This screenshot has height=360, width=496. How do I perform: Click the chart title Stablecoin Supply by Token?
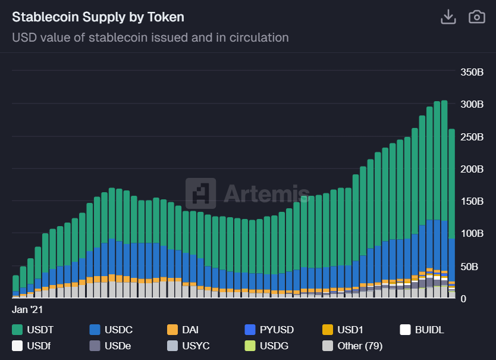point(98,17)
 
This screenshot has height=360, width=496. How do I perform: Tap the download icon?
point(447,17)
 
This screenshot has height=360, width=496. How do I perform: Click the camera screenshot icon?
point(477,17)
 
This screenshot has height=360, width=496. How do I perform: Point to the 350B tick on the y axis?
point(472,72)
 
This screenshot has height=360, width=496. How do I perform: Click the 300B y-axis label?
point(472,104)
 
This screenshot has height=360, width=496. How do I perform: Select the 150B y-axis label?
point(472,201)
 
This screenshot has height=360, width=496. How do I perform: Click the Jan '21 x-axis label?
point(27,309)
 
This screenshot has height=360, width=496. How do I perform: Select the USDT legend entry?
point(33,330)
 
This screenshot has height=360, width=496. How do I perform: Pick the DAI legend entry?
point(183,330)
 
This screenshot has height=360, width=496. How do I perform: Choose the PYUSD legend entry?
point(269,330)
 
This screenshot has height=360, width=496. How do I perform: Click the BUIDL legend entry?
point(422,330)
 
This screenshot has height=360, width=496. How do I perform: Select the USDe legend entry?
point(111,346)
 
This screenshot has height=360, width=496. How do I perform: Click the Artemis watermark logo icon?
point(200,193)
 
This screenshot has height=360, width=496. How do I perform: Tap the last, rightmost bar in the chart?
point(452,214)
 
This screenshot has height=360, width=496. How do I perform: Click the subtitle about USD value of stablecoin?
point(150,37)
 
